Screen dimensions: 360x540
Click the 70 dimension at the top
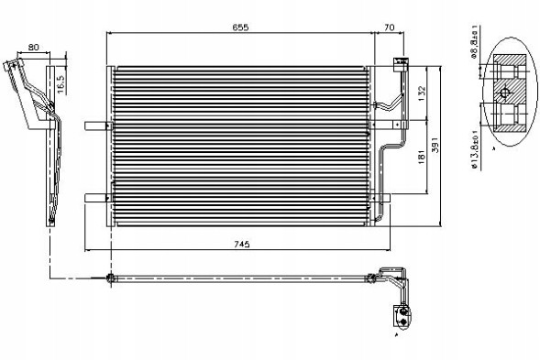pos(390,28)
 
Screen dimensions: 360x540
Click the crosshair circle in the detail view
pos(504,93)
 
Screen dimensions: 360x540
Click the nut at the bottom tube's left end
pos(111,278)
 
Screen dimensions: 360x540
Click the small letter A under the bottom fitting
pos(396,336)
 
